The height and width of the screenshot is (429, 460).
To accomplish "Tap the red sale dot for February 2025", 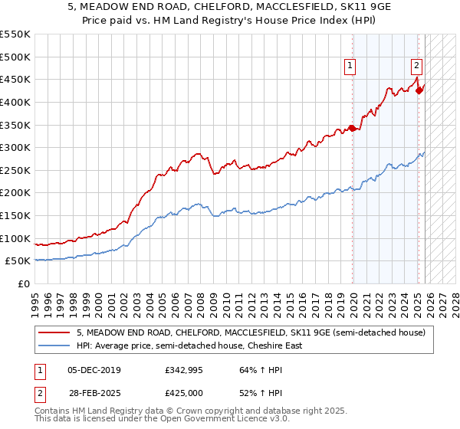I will (x=419, y=90).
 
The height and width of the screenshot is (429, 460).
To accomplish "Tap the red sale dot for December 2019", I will (x=352, y=128).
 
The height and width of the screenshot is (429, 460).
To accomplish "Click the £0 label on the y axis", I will (x=23, y=283).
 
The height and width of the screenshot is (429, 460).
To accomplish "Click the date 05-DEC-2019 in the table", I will (x=94, y=370).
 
